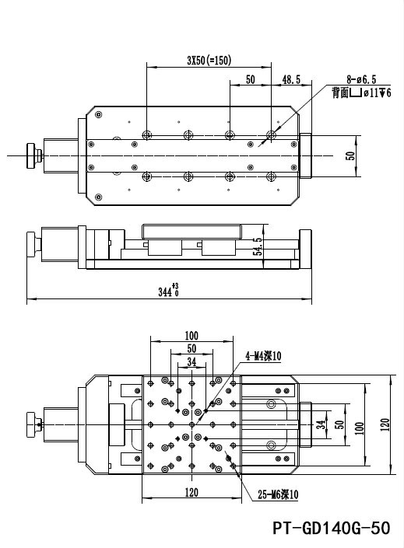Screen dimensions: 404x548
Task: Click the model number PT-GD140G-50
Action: click(x=331, y=528)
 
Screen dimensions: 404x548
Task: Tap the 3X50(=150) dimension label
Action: click(x=209, y=61)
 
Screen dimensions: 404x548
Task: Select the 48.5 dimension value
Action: click(x=291, y=80)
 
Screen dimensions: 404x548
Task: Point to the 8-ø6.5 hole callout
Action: click(x=361, y=80)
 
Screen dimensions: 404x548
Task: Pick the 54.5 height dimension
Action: click(x=258, y=246)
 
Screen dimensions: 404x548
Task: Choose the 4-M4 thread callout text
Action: click(x=263, y=356)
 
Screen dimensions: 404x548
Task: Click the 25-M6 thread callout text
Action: click(x=278, y=494)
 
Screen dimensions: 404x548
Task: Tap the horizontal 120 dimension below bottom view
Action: click(x=191, y=493)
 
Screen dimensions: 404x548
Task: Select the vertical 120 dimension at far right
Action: click(x=385, y=424)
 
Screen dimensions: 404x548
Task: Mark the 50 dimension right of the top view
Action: click(x=350, y=156)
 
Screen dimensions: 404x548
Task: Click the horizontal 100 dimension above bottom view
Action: click(x=191, y=336)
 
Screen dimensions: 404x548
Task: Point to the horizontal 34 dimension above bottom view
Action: click(x=191, y=362)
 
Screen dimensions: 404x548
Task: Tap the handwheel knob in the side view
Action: click(x=34, y=246)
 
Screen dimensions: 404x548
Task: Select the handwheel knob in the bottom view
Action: click(x=34, y=424)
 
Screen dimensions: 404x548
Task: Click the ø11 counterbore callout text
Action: click(x=376, y=93)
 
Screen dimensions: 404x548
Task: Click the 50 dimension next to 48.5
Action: click(x=251, y=80)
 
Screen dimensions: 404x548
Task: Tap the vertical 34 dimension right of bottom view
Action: click(x=321, y=424)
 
